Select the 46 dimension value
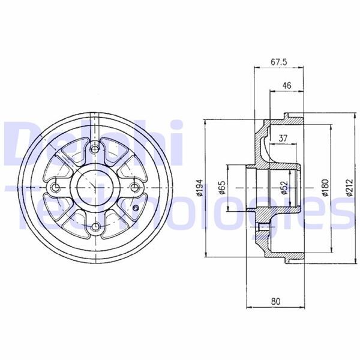click(286, 86)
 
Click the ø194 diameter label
click(200, 188)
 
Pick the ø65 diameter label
click(221, 188)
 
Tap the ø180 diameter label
click(325, 188)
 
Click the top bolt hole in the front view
click(95, 148)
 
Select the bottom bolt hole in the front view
click(95, 227)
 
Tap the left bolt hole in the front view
click(56, 188)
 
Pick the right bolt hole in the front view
click(135, 188)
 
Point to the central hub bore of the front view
click(95, 188)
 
